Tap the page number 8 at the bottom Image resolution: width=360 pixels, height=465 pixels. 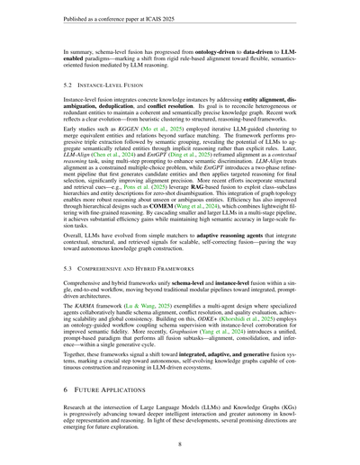[180, 441]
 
